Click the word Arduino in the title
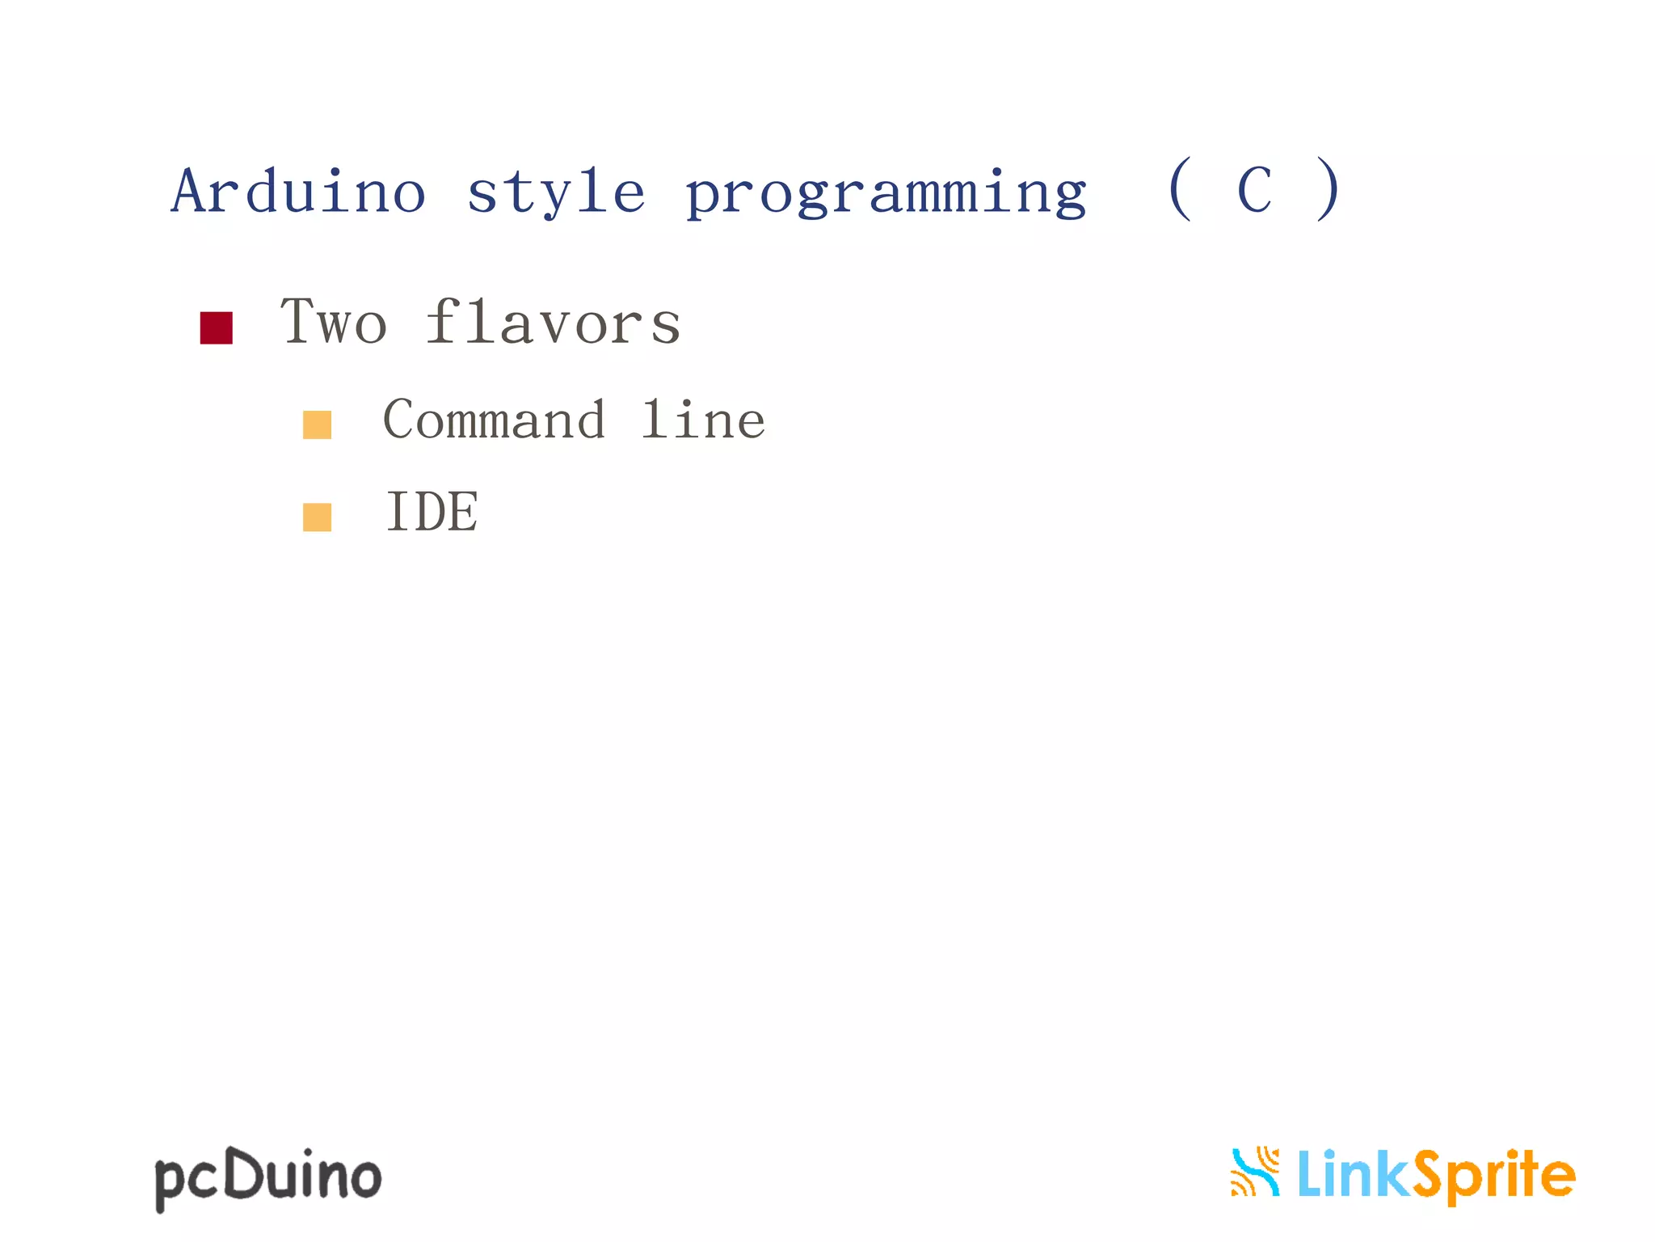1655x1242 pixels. (x=298, y=192)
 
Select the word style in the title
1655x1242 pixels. (x=556, y=193)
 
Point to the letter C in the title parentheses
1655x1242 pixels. (x=1254, y=191)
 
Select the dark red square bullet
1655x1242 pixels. (x=216, y=327)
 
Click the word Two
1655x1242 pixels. (x=334, y=322)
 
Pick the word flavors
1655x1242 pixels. (x=554, y=322)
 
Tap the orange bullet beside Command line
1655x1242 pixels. (x=317, y=425)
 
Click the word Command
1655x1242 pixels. (x=494, y=420)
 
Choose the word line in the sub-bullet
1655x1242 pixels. (x=703, y=420)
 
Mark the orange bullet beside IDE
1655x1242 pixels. (x=317, y=517)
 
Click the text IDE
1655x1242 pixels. (x=432, y=512)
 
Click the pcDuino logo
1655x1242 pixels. (x=267, y=1177)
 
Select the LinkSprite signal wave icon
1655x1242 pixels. (x=1255, y=1172)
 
